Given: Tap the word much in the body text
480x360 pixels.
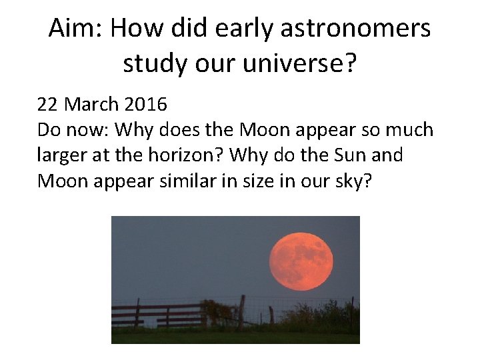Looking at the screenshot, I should click(409, 130).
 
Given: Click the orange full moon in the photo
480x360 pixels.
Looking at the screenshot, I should click(301, 257).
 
